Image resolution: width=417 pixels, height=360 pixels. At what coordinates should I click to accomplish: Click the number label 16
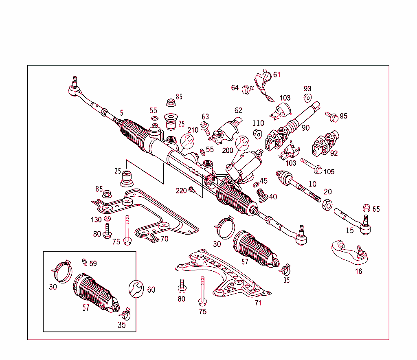tap(358, 272)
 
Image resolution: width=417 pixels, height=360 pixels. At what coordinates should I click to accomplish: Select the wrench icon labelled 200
tap(242, 143)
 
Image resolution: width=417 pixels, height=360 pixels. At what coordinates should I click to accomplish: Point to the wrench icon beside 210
tap(188, 141)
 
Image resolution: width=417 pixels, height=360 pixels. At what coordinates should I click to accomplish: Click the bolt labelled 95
tap(331, 116)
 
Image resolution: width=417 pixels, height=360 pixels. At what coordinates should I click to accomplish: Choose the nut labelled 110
tap(257, 133)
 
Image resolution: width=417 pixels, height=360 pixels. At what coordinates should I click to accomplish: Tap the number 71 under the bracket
tap(258, 303)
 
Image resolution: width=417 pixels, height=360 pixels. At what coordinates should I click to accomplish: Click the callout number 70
tap(164, 239)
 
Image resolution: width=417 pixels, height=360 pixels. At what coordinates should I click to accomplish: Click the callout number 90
tap(305, 128)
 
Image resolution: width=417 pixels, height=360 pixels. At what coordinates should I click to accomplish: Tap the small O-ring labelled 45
tap(255, 184)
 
